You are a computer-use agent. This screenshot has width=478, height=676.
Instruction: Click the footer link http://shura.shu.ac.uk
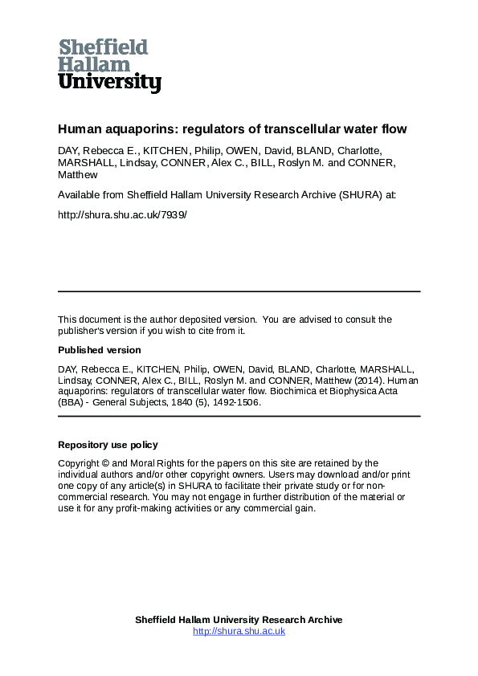pyautogui.click(x=239, y=631)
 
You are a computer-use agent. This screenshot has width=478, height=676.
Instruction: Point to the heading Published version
pyautogui.click(x=100, y=350)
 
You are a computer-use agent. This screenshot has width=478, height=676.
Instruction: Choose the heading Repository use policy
pyautogui.click(x=108, y=445)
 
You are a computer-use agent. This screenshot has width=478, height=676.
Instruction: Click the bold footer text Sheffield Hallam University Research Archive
pyautogui.click(x=239, y=620)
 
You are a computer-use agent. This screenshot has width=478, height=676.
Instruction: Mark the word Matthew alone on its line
pyautogui.click(x=78, y=174)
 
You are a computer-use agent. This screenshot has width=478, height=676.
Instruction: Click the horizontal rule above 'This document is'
pyautogui.click(x=239, y=291)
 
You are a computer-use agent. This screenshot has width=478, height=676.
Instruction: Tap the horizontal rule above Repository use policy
pyautogui.click(x=239, y=417)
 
